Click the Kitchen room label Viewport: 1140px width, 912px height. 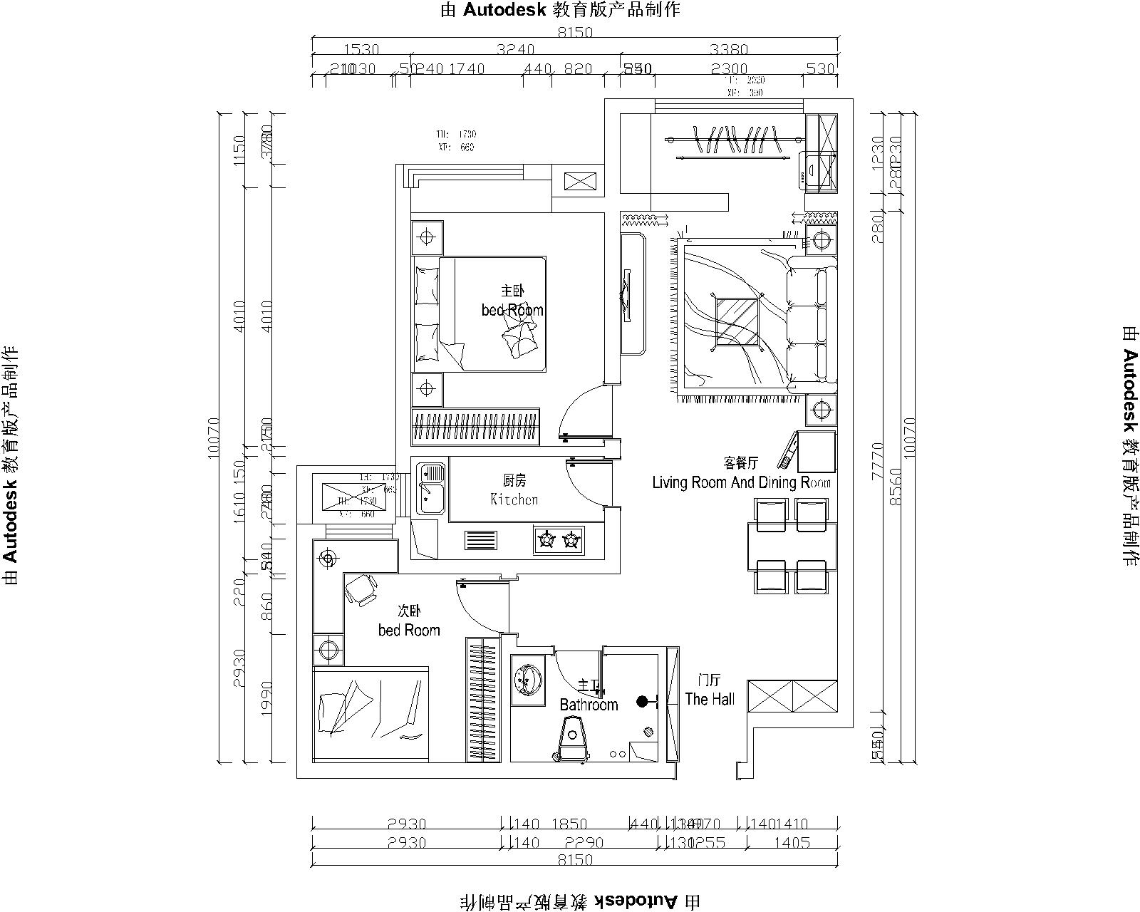click(x=514, y=499)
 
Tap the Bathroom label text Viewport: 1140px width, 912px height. click(x=589, y=705)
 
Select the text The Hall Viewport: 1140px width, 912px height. click(x=710, y=699)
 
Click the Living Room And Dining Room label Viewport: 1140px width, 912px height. click(x=741, y=482)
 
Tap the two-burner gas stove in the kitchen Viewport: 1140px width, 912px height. click(x=559, y=540)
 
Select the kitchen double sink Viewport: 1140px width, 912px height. click(x=431, y=488)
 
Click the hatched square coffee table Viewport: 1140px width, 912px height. click(x=737, y=321)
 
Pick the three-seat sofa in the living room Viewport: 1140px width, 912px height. click(x=812, y=325)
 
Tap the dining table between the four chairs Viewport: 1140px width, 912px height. click(x=791, y=546)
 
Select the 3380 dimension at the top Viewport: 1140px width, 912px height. click(x=729, y=50)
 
